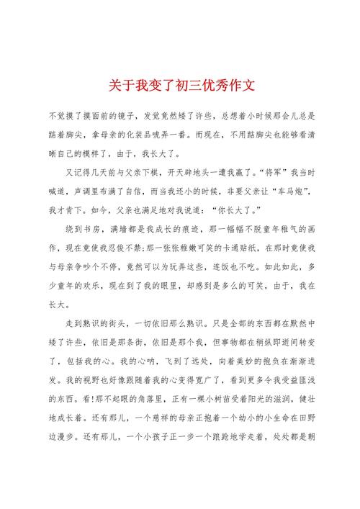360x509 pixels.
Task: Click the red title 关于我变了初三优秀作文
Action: [180, 86]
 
